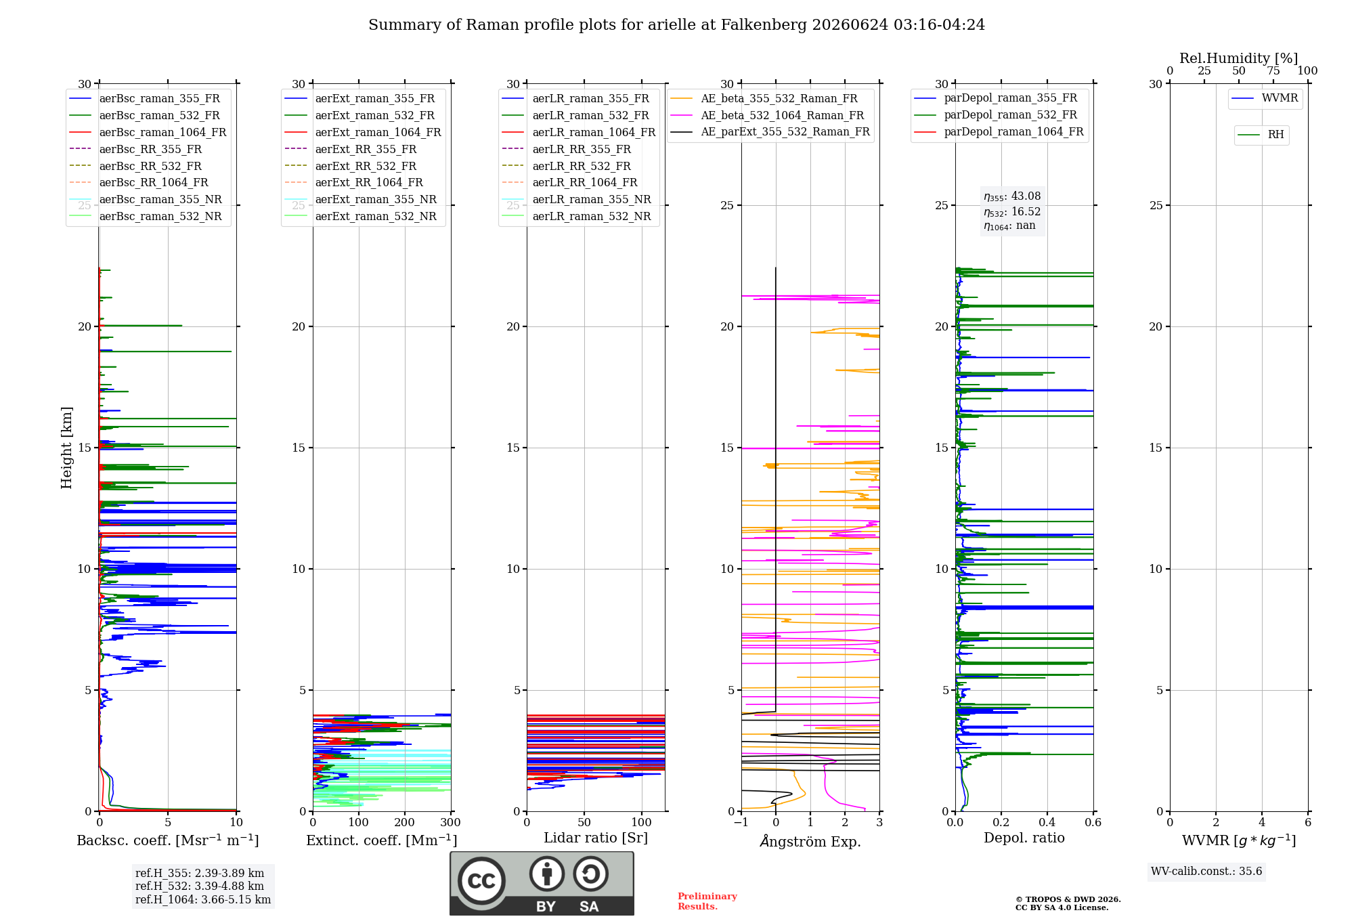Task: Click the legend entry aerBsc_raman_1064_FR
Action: [x=148, y=132]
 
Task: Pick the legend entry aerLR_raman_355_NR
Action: [x=576, y=199]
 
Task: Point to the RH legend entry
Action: [x=1261, y=135]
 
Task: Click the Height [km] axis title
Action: [x=66, y=448]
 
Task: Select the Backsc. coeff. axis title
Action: [x=168, y=840]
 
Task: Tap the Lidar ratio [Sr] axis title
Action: [x=596, y=838]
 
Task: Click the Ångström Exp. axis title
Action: [x=810, y=840]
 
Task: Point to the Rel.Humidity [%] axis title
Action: [x=1239, y=58]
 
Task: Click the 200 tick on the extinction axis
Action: [x=404, y=822]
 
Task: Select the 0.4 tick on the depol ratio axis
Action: [x=1047, y=822]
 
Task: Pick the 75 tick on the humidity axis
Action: [x=1273, y=70]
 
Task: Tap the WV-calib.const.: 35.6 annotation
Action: [x=1206, y=872]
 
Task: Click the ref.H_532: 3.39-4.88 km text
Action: [x=200, y=886]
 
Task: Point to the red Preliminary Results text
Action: [x=707, y=901]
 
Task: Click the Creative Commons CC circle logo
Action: [x=481, y=880]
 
